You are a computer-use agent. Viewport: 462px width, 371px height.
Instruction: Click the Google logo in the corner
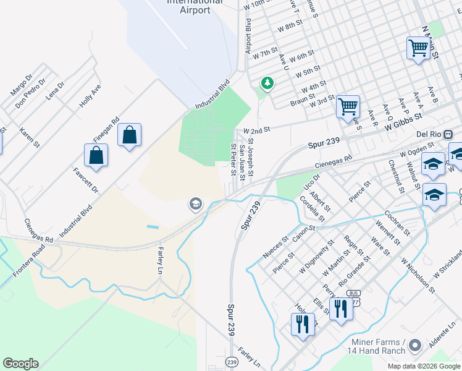(20, 364)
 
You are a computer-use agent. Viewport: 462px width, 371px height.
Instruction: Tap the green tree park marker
(267, 83)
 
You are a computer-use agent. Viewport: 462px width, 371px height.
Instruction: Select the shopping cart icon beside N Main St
(418, 48)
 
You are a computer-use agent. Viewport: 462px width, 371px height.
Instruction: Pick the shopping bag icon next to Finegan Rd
(130, 135)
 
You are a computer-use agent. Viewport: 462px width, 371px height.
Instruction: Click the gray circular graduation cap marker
(196, 204)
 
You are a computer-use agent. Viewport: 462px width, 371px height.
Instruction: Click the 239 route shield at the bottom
(232, 362)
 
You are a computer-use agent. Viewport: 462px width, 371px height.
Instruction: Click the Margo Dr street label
(21, 86)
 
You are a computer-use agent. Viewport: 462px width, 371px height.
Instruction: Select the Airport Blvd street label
(248, 36)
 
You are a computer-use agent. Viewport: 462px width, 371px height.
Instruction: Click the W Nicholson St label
(418, 273)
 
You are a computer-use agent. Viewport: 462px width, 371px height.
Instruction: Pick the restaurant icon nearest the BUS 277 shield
(340, 307)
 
